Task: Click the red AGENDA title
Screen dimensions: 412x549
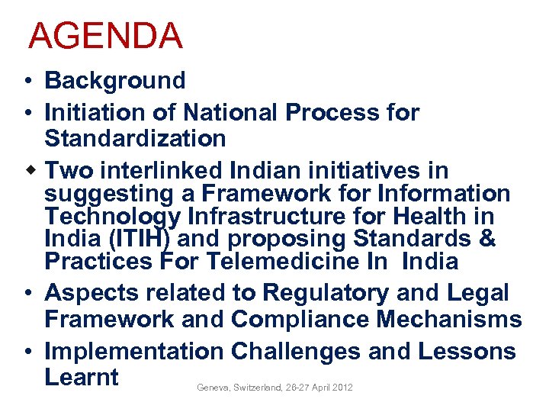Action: tap(105, 36)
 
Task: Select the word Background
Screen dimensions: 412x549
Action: tap(115, 80)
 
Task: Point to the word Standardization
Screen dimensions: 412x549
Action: tap(135, 139)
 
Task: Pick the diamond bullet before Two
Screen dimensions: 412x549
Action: tap(27, 169)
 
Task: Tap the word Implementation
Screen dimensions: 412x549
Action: tap(134, 352)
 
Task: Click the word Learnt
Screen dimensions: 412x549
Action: tap(82, 378)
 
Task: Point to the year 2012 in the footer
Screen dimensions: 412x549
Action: tap(342, 388)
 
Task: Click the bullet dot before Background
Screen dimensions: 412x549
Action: tap(27, 81)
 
